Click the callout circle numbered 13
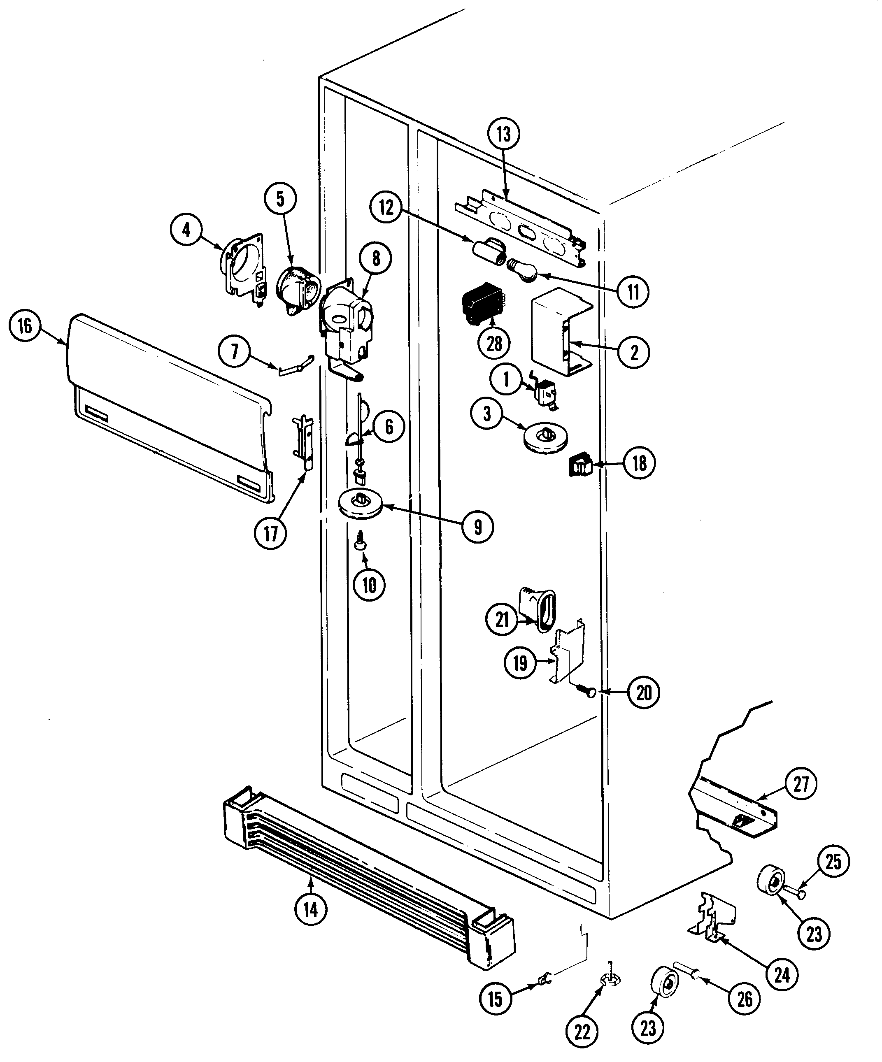(x=503, y=134)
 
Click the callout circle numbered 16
(x=25, y=326)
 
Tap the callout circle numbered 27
(x=801, y=784)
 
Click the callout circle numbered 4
(x=186, y=230)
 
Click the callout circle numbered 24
(x=782, y=974)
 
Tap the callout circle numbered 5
(x=280, y=199)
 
